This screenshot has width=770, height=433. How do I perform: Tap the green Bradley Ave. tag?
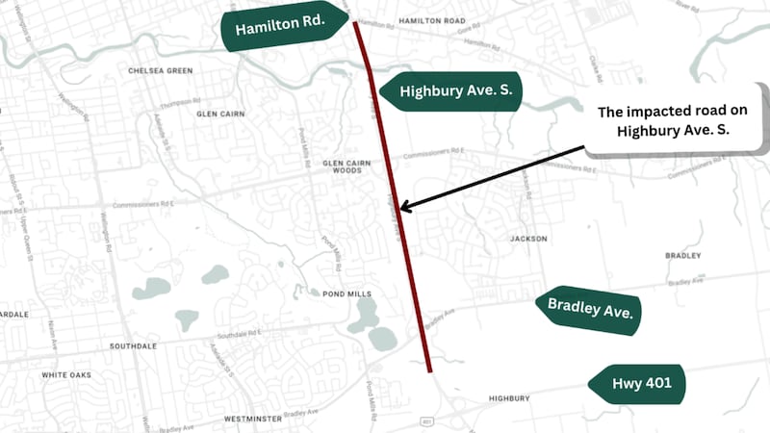point(588,310)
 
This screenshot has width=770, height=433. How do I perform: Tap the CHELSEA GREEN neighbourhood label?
point(160,71)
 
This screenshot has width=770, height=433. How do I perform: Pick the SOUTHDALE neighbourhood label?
point(133,346)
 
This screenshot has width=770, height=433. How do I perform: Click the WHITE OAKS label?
point(66,374)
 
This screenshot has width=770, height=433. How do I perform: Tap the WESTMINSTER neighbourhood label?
point(252,420)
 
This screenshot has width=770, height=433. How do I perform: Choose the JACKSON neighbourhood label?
point(528,239)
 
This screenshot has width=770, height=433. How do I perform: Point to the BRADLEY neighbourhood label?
point(682,256)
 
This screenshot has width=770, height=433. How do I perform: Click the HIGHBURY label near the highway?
point(509,398)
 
